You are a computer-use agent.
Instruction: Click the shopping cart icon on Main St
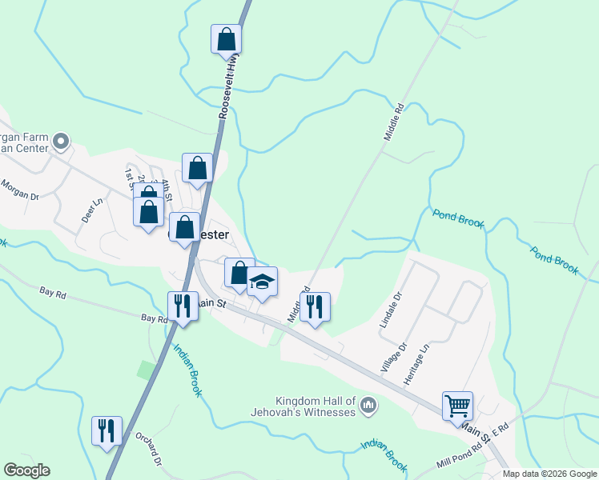(x=457, y=406)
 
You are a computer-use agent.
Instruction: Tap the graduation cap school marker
(x=262, y=282)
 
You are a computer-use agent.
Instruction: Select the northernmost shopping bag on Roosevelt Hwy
(x=227, y=38)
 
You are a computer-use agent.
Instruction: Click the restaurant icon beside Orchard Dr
(x=107, y=431)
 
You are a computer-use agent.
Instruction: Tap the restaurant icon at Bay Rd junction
(x=183, y=306)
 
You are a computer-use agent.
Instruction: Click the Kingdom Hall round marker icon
(x=368, y=406)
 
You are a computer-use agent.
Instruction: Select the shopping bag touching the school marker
(x=239, y=273)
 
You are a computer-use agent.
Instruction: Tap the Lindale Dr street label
(x=389, y=311)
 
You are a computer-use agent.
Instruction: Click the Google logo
(x=26, y=470)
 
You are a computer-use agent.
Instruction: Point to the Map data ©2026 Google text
(x=549, y=474)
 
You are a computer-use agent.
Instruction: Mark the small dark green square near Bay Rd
(x=145, y=370)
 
